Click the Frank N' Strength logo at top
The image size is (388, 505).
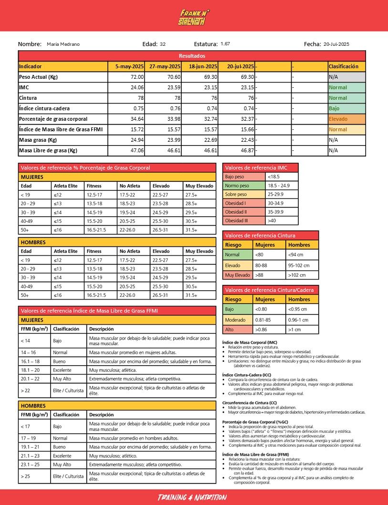pyautogui.click(x=194, y=18)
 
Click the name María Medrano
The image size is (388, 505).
pyautogui.click(x=63, y=44)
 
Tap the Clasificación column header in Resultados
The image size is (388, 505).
pyautogui.click(x=343, y=66)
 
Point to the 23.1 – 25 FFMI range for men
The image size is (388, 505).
pyautogui.click(x=33, y=464)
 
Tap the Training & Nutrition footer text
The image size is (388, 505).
pyautogui.click(x=192, y=497)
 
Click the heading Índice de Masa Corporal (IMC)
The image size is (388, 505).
pyautogui.click(x=249, y=342)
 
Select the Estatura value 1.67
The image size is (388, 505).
pyautogui.click(x=225, y=44)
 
